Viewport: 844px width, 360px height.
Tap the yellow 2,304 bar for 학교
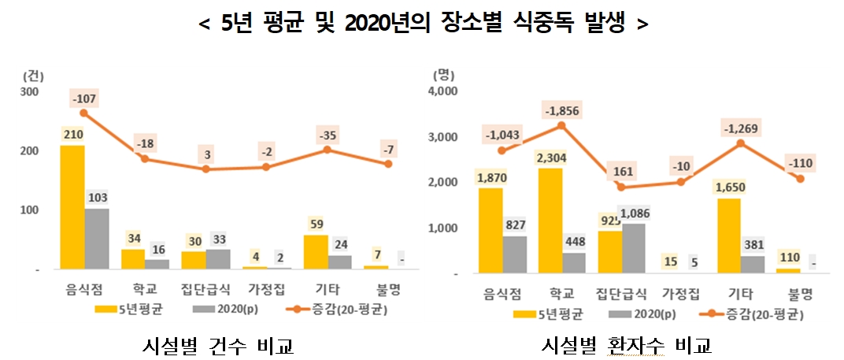coord(550,221)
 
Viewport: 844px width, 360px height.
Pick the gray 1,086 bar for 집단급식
coord(634,248)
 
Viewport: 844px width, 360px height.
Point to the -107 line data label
coord(83,100)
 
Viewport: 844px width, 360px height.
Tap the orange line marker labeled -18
coord(145,158)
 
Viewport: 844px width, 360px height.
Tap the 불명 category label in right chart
coord(801,295)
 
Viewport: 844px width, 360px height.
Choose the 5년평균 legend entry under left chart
coord(131,307)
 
